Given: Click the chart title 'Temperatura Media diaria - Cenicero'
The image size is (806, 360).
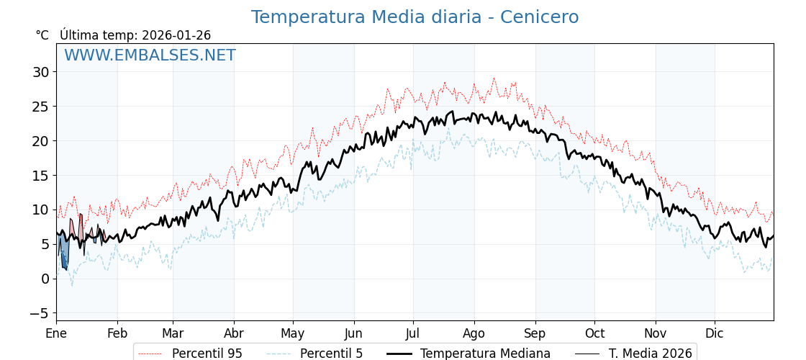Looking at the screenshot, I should tap(415, 17).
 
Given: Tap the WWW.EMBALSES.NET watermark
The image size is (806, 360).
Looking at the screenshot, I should tap(150, 55).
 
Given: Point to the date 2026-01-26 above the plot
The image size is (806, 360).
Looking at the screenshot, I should tap(176, 35).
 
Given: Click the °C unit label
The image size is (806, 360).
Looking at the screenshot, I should tap(42, 35).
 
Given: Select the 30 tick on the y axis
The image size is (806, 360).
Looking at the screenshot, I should tap(40, 72).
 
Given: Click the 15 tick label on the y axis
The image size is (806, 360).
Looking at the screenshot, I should tap(40, 176).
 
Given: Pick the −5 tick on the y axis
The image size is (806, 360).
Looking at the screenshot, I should tap(39, 313).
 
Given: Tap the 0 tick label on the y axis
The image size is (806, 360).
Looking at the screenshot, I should tap(45, 279).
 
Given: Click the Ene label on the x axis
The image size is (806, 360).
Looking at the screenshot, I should tap(56, 333).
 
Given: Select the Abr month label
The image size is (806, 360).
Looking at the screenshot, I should tap(234, 333).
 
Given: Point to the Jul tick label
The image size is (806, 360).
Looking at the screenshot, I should tap(413, 333).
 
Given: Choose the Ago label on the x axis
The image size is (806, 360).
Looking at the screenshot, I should tap(474, 333).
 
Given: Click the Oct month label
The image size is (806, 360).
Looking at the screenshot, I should tap(594, 333).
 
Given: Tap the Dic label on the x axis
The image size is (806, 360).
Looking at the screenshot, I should tap(715, 333).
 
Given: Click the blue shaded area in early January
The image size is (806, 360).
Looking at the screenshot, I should tap(63, 253).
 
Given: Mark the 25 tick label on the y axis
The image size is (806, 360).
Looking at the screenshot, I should tap(40, 107).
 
